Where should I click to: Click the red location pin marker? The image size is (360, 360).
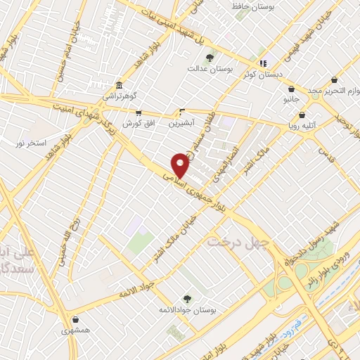pyautogui.click(x=181, y=166)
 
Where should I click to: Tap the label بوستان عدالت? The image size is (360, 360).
pyautogui.click(x=206, y=69)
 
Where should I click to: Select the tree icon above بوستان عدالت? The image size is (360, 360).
pyautogui.click(x=209, y=58)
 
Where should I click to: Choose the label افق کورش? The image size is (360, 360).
pyautogui.click(x=137, y=123)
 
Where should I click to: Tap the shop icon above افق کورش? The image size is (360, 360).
pyautogui.click(x=139, y=112)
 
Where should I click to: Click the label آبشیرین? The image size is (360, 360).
pyautogui.click(x=182, y=122)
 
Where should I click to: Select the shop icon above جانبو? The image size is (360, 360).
pyautogui.click(x=291, y=89)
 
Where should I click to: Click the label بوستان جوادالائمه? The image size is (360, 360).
pyautogui.click(x=187, y=310)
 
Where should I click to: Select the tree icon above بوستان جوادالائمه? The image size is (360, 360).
pyautogui.click(x=186, y=299)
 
